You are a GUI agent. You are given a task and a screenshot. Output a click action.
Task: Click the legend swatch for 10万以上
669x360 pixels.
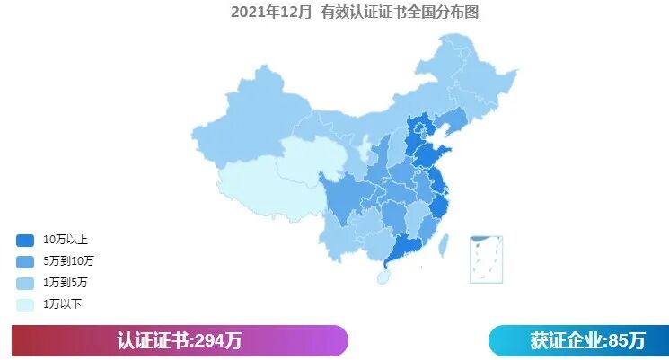point(25,240)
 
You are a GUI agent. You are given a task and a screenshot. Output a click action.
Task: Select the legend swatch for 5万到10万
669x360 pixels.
point(25,261)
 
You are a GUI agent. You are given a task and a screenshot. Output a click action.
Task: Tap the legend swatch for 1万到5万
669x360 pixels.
point(25,283)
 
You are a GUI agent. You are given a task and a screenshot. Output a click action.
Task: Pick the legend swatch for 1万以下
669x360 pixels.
point(25,304)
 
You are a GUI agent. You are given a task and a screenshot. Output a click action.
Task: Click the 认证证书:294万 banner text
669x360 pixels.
point(180,341)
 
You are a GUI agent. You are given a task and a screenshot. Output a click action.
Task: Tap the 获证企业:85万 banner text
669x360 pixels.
point(587,341)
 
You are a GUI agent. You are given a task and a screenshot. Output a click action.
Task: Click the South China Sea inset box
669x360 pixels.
point(486,259)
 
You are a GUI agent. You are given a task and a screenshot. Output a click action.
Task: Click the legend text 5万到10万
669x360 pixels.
point(68,261)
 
